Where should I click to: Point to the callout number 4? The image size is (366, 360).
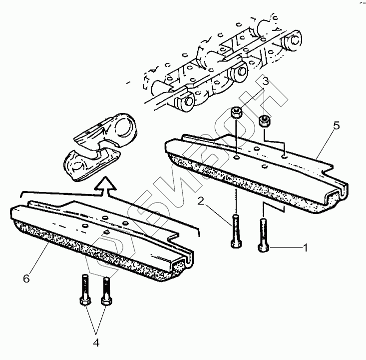96,343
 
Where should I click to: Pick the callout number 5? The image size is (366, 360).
337,125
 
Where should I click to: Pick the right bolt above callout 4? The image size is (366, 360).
105,291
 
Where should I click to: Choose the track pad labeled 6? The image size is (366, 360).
100,235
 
